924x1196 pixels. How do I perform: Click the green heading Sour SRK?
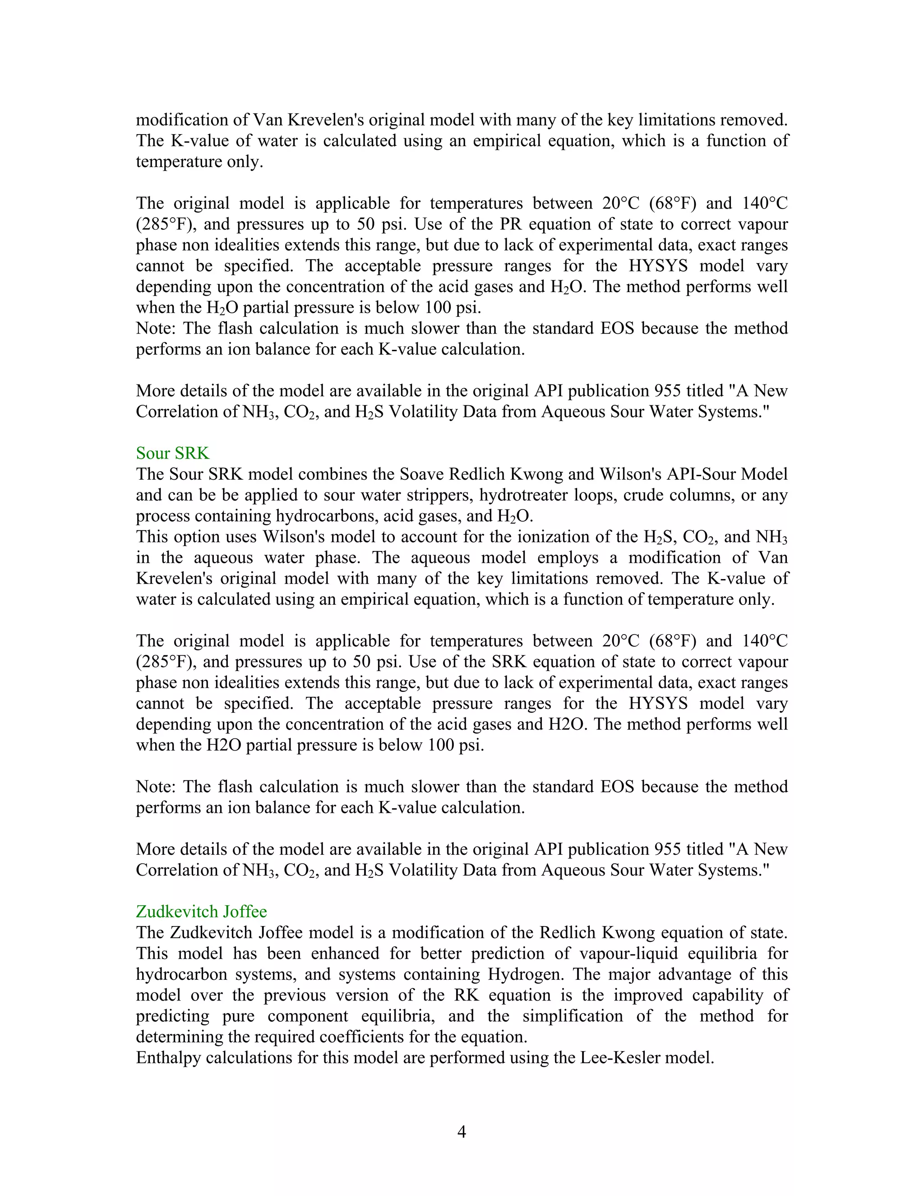pyautogui.click(x=172, y=454)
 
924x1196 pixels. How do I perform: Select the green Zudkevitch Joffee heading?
pyautogui.click(x=201, y=912)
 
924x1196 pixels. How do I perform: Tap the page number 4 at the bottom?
pyautogui.click(x=462, y=1132)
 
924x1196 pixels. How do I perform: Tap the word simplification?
pyautogui.click(x=573, y=1016)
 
